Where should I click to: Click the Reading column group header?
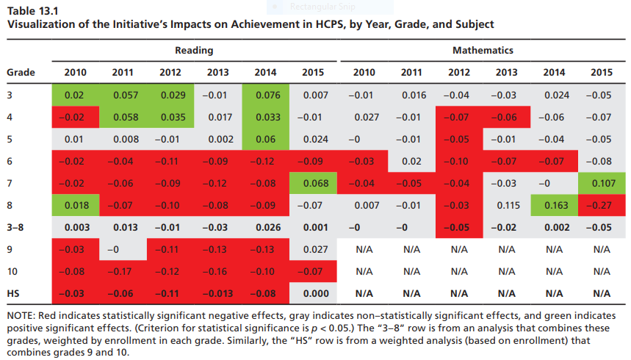coord(194,51)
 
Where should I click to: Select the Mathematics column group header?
coord(483,51)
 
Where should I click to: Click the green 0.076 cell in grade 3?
coord(265,96)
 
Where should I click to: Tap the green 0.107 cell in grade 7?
coord(601,184)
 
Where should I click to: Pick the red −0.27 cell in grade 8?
coord(601,205)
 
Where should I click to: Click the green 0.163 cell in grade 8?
coord(554,205)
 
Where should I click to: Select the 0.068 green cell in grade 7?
coord(313,184)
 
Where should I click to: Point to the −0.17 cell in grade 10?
coord(123,271)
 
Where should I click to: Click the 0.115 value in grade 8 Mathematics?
coord(506,205)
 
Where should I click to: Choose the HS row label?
coord(12,293)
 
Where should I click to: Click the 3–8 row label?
coord(16,227)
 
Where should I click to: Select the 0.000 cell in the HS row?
coord(313,293)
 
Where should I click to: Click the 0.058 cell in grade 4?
coord(123,118)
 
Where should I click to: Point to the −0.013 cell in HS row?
coord(217,293)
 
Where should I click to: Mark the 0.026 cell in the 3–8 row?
coord(265,227)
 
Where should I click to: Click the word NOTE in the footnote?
coord(21,315)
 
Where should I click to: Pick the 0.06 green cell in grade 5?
coord(265,140)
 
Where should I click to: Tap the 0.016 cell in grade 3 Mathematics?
coord(414,96)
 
